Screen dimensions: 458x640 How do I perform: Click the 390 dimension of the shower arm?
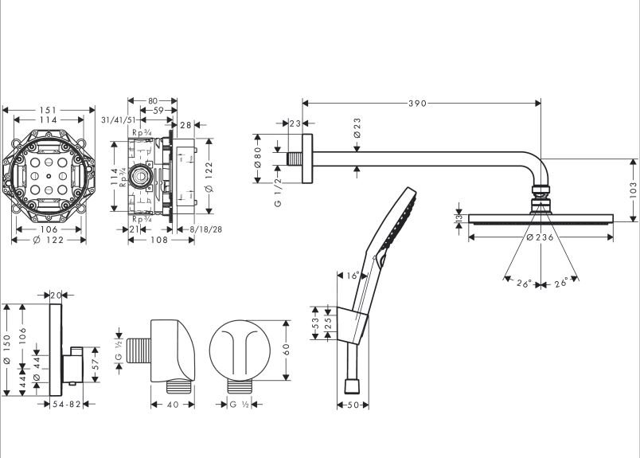pyautogui.click(x=418, y=103)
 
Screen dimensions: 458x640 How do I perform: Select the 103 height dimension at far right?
pyautogui.click(x=633, y=189)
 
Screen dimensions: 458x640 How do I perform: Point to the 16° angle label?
pyautogui.click(x=353, y=276)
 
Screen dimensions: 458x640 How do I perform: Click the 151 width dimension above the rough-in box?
pyautogui.click(x=49, y=111)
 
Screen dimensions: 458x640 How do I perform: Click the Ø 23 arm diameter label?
pyautogui.click(x=357, y=128)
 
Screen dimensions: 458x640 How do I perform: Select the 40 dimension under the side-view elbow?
pyautogui.click(x=173, y=405)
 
